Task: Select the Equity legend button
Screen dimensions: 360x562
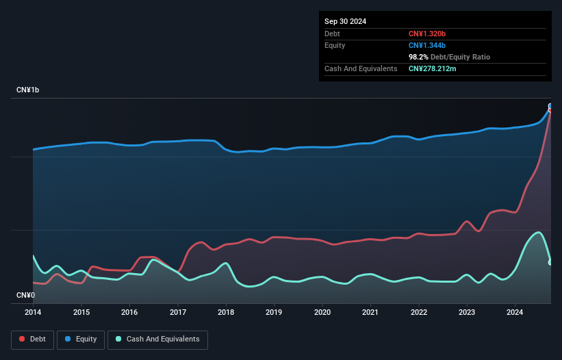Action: click(x=81, y=339)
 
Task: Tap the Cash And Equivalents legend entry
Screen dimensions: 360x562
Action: click(x=157, y=339)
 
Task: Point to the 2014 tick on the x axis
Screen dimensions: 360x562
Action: click(x=33, y=312)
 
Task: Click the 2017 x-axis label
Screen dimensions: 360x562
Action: click(x=178, y=312)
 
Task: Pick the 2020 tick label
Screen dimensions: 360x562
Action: click(x=322, y=312)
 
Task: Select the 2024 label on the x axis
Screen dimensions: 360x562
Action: click(x=515, y=312)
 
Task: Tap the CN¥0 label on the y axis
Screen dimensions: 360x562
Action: click(x=26, y=295)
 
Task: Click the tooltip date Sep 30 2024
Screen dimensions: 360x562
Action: click(x=345, y=21)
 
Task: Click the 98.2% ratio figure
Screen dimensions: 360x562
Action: click(x=418, y=57)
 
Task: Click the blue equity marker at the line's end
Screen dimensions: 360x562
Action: click(x=550, y=107)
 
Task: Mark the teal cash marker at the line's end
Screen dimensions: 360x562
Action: click(x=550, y=262)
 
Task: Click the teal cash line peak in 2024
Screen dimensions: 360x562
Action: click(x=539, y=232)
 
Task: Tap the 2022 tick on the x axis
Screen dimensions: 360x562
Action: click(x=419, y=312)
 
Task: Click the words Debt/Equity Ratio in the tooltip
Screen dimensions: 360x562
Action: click(x=460, y=57)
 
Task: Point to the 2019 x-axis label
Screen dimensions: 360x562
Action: click(x=274, y=312)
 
